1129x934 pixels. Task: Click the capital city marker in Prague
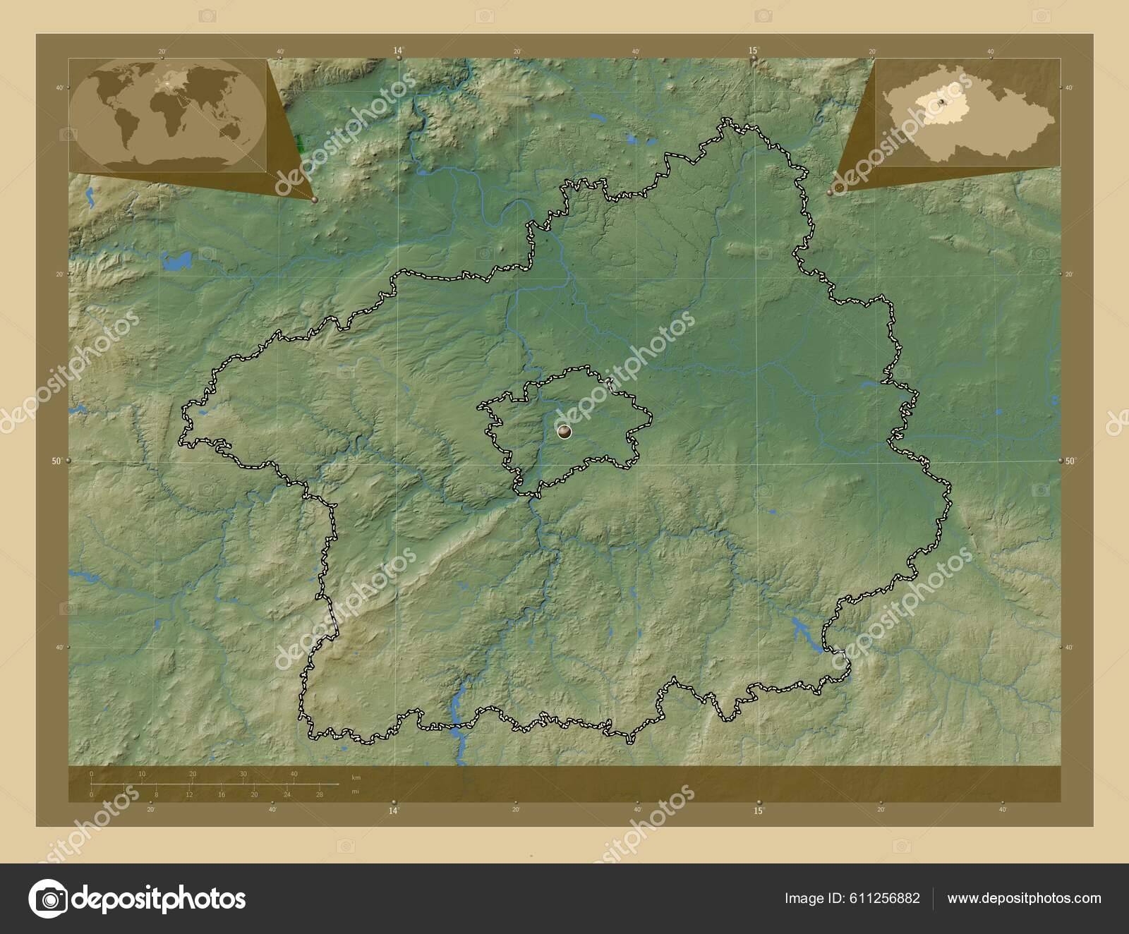564,431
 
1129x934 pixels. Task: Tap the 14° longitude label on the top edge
399,50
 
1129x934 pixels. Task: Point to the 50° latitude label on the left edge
56,461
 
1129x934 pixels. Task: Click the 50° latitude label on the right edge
1070,461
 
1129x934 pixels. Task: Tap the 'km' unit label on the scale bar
356,777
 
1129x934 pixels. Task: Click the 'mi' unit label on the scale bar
355,792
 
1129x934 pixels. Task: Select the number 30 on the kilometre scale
243,774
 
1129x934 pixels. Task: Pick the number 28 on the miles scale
320,794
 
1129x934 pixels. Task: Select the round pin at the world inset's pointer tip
314,200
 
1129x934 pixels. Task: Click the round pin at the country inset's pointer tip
830,191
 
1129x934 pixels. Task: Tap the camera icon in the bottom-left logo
48,898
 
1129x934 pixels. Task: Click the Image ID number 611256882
886,898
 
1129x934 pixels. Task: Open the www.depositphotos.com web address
1024,898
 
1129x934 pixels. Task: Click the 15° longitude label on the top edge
754,50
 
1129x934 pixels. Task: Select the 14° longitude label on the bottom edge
394,811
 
